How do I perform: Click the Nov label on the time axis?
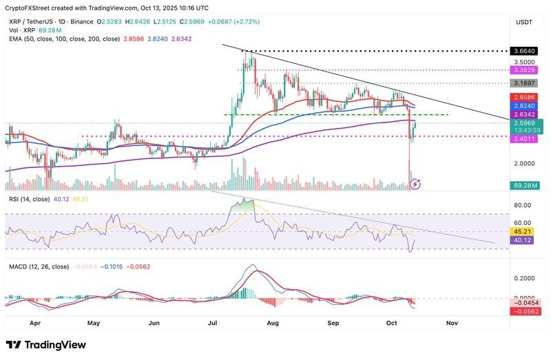point(453,321)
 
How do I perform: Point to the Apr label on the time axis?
point(35,321)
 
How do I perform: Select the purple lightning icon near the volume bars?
point(415,184)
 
